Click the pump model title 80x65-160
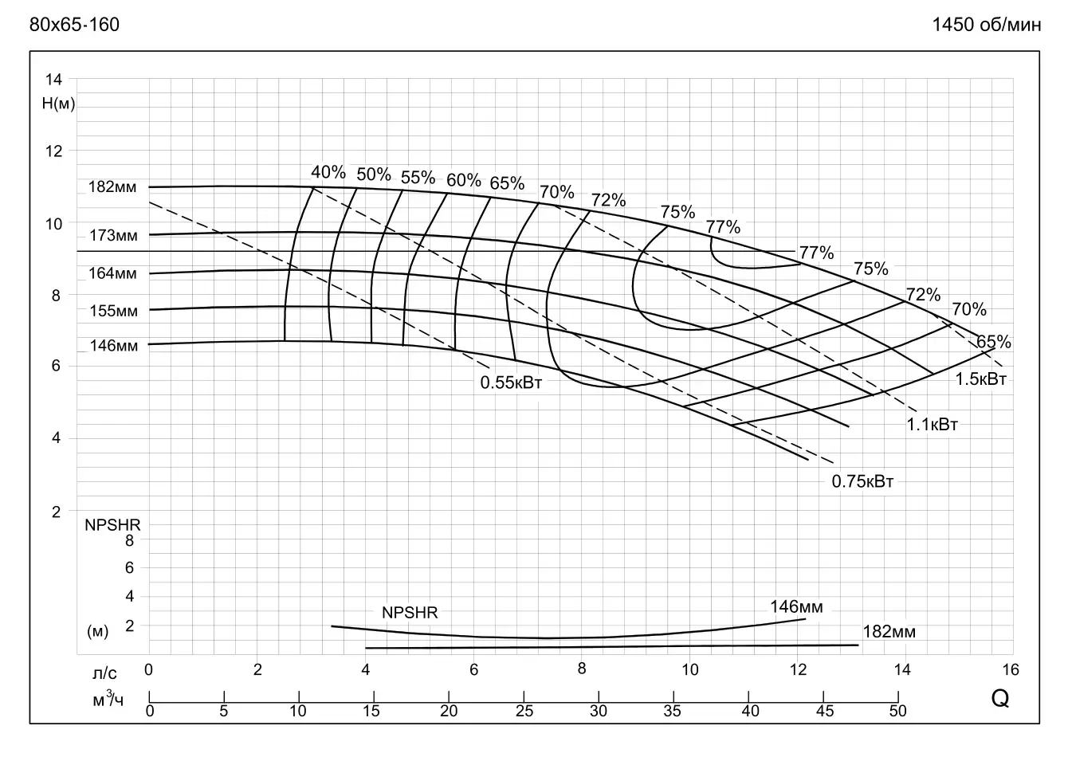74,25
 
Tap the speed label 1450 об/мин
987,25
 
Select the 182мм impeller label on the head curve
112,187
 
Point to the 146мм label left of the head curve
113,346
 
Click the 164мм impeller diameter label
112,273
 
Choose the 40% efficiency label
328,172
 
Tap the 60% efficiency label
463,180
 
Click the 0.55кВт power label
511,382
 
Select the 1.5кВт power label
981,379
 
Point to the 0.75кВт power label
862,481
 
